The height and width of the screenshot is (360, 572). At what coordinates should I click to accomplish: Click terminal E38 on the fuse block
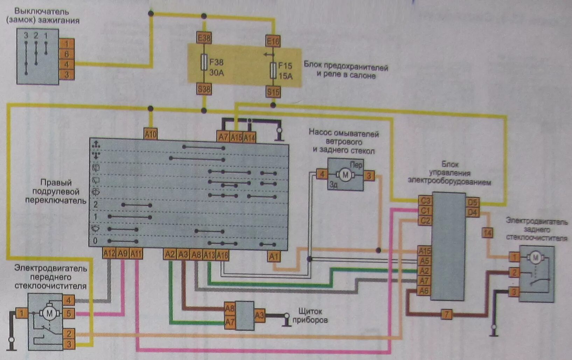[204, 38]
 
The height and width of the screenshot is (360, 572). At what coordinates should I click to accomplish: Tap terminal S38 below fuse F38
[204, 89]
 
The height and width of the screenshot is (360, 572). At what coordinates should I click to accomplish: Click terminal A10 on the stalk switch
[151, 134]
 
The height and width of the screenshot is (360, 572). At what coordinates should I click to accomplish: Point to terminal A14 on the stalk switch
[249, 138]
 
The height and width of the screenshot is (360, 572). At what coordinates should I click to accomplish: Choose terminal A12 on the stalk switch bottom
[109, 253]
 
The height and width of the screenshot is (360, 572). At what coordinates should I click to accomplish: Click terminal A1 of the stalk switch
[274, 257]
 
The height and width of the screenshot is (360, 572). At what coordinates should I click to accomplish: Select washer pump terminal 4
[322, 174]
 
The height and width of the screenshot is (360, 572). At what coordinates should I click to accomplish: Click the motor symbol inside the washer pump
[345, 175]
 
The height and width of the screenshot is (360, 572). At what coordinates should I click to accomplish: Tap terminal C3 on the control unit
[425, 201]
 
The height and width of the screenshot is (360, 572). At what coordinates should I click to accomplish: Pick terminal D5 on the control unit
[472, 202]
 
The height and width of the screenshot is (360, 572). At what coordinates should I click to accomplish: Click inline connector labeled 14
[487, 233]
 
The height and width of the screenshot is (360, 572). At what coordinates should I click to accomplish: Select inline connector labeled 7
[446, 314]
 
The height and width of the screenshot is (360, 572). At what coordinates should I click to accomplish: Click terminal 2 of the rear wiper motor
[514, 272]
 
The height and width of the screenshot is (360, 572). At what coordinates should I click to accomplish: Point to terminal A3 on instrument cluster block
[259, 316]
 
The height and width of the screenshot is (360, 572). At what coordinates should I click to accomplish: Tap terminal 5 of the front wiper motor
[69, 313]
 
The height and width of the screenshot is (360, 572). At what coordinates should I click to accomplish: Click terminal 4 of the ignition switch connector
[67, 64]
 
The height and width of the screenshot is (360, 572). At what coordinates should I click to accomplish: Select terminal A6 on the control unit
[424, 291]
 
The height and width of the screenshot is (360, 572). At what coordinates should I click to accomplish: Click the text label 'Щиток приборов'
[310, 316]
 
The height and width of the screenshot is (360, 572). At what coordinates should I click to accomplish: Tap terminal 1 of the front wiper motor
[22, 313]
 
